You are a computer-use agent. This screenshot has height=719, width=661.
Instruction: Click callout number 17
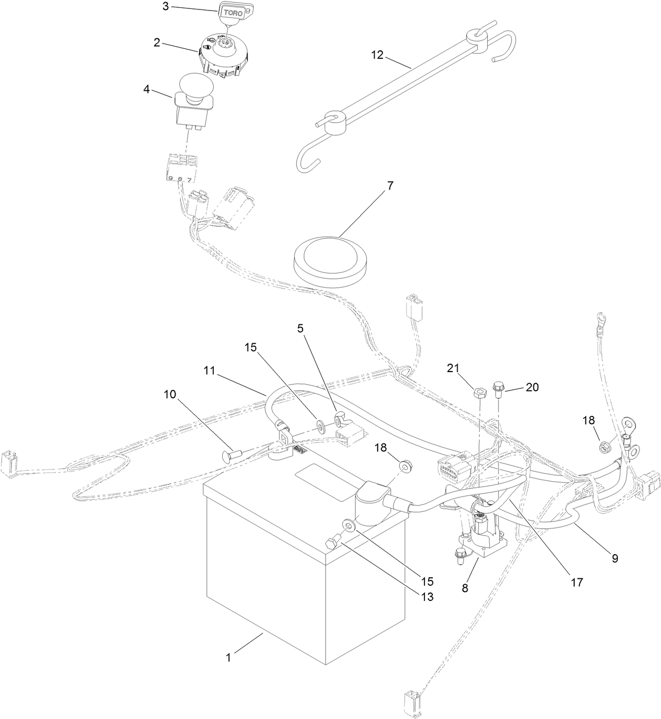(577, 582)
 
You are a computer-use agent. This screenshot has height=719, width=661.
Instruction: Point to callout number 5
(301, 329)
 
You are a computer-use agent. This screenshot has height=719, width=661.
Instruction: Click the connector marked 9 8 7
(180, 168)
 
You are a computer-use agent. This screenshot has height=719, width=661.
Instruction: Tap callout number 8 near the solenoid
(464, 588)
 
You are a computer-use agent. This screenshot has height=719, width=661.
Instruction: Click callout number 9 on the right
(615, 558)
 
